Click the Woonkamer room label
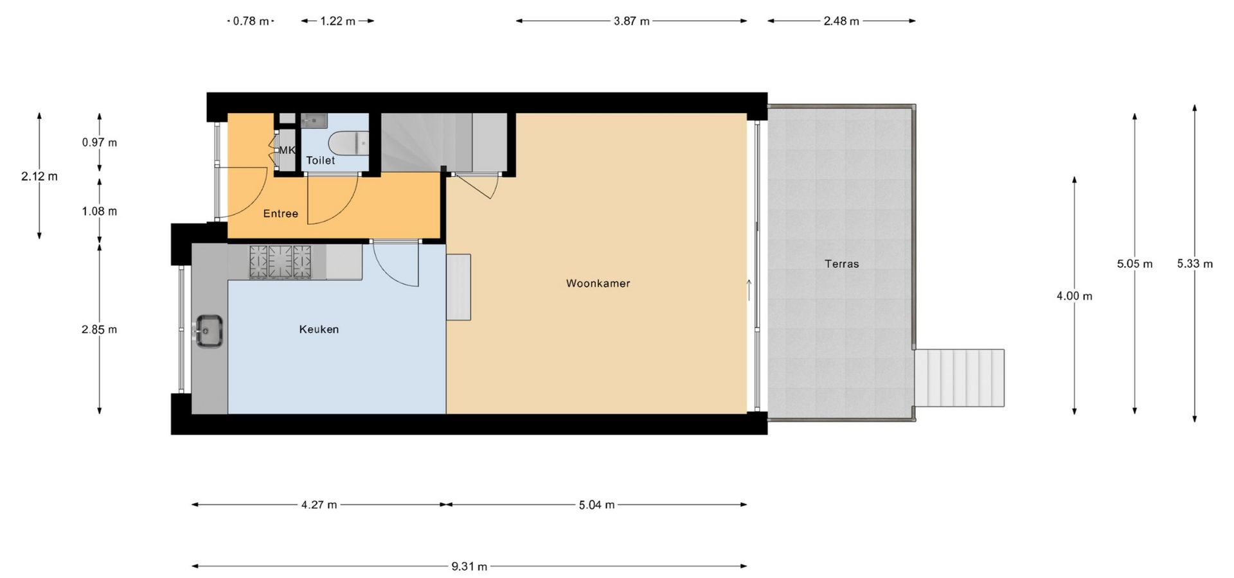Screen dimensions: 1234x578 coord(598,283)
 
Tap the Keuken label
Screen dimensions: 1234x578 coord(319,329)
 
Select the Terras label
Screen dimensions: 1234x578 coord(842,264)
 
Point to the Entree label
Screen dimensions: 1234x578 coord(281,214)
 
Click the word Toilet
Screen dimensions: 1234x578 coord(321,161)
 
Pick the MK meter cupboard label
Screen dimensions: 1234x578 coord(287,150)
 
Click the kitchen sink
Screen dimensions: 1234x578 coord(209,331)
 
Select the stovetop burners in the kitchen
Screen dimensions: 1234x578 coord(280,262)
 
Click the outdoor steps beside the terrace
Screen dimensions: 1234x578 coord(960,378)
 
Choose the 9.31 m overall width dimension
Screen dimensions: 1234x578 coord(469,566)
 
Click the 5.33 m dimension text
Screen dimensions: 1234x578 coord(1195,264)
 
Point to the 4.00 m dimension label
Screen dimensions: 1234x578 coord(1075,296)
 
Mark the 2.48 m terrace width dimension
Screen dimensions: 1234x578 coord(841,21)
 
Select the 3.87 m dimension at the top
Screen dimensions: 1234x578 coord(632,21)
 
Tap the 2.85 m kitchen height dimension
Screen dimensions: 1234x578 coord(100,329)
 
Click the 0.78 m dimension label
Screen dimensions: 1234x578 coord(251,21)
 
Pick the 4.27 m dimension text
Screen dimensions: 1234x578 coord(319,505)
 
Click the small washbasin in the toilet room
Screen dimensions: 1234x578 coord(315,120)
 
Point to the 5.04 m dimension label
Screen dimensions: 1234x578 coord(596,505)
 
